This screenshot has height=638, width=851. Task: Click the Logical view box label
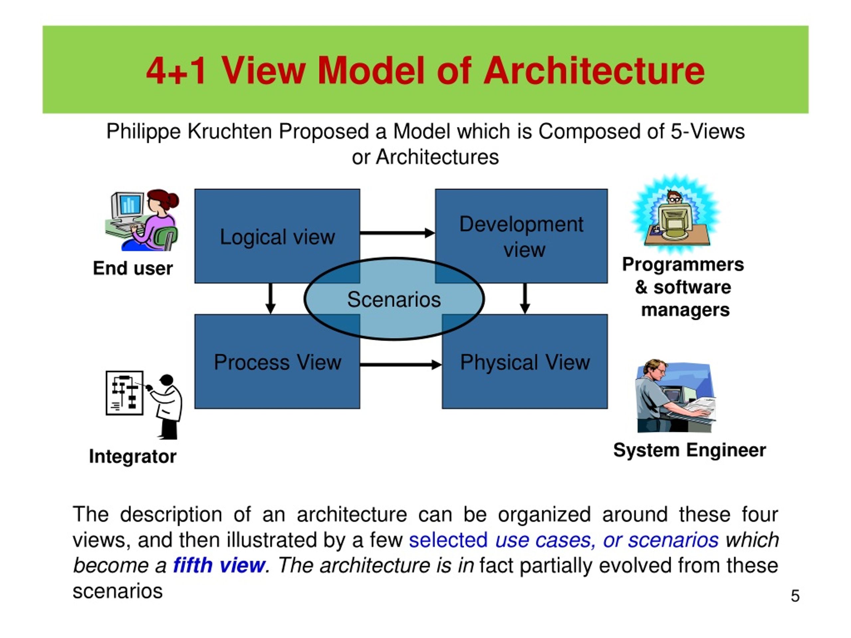click(277, 237)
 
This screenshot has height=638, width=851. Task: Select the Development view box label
click(521, 237)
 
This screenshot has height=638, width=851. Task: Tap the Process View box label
click(277, 362)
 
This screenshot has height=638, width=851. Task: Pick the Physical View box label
click(525, 362)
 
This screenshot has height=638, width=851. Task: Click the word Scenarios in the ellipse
click(394, 300)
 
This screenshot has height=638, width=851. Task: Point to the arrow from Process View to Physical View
click(401, 365)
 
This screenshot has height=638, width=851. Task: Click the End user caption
click(133, 268)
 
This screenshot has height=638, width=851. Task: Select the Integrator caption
click(133, 457)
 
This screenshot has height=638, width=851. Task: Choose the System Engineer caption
click(689, 450)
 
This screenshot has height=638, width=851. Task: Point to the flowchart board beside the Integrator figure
click(124, 393)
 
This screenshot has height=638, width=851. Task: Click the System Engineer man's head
click(655, 369)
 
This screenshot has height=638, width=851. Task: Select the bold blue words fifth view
click(219, 565)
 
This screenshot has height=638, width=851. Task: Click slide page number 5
click(795, 596)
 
